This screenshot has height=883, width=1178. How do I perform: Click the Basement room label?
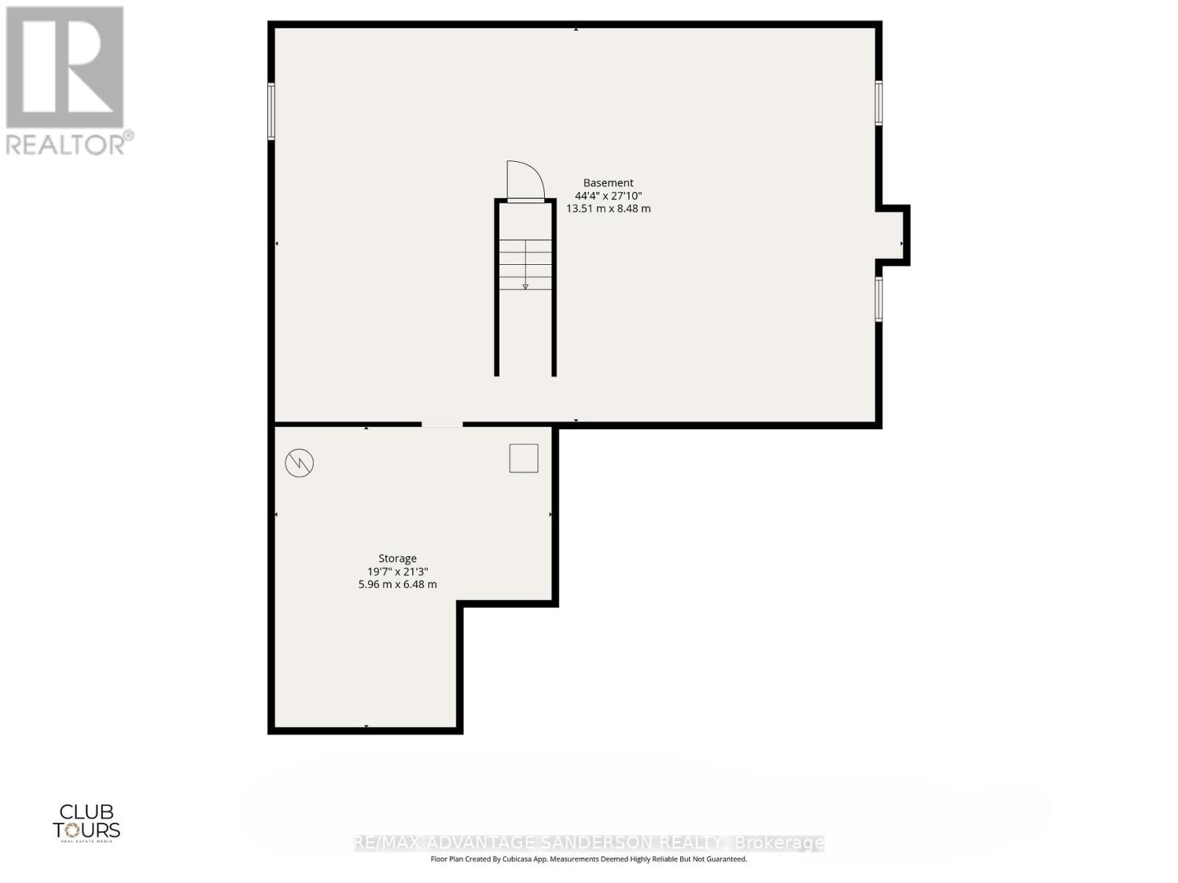point(608,182)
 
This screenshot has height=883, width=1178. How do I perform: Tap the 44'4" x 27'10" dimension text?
point(608,196)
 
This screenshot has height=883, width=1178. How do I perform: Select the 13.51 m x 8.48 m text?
point(608,208)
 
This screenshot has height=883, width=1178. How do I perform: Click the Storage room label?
point(398,558)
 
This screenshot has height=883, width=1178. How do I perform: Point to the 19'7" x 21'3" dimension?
point(398,572)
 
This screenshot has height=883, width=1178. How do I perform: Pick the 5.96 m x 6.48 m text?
point(398,584)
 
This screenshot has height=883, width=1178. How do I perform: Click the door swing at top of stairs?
point(524,180)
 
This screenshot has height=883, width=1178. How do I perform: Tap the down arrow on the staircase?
point(525,286)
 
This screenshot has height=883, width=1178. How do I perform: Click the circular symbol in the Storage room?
point(300,463)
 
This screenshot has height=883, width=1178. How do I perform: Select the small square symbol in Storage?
point(523,458)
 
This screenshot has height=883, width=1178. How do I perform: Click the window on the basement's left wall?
point(271,111)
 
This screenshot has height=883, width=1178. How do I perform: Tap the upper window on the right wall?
point(878,102)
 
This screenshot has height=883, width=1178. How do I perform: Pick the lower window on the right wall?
point(878,299)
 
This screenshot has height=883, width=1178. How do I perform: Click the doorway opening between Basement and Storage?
point(442,425)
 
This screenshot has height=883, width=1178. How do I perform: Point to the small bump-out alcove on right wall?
point(893,235)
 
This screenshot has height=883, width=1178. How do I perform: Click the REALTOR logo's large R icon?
point(65,68)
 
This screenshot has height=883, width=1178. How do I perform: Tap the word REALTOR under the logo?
point(66,144)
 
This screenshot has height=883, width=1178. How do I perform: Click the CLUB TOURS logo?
point(86,822)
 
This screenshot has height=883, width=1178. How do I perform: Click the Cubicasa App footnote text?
point(588,859)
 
